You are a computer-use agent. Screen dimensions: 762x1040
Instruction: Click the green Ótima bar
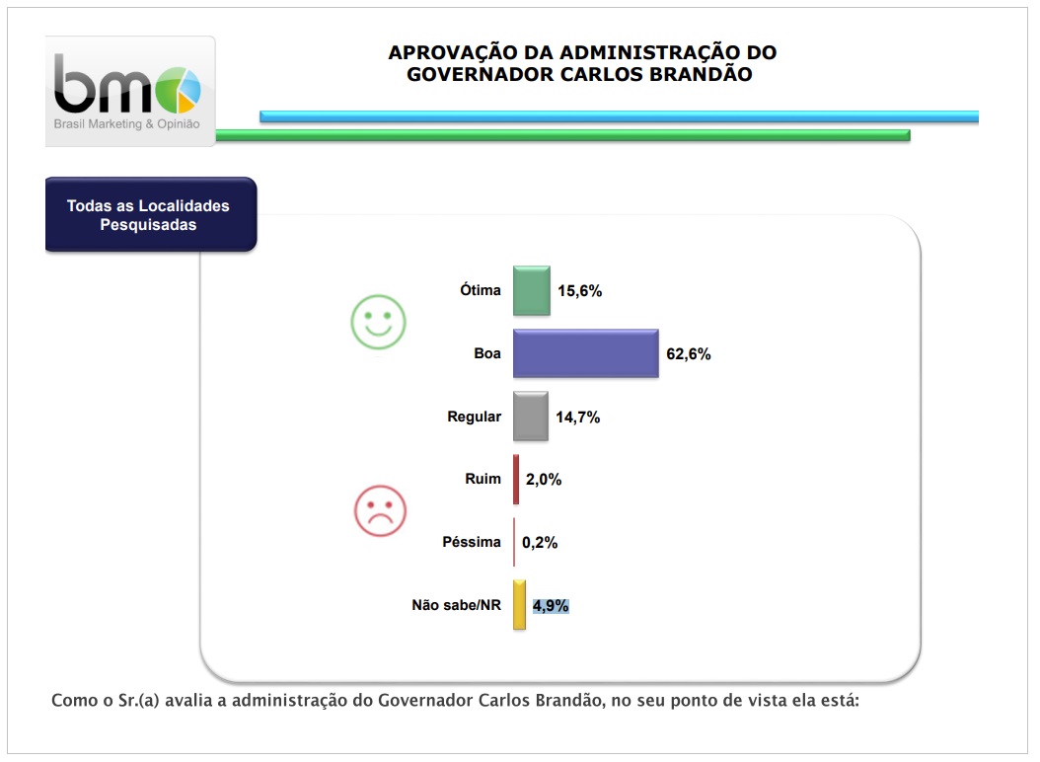531,290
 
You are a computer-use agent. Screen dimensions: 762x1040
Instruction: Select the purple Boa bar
585,353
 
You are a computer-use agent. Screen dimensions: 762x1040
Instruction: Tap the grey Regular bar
530,417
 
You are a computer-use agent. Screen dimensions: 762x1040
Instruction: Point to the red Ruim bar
516,479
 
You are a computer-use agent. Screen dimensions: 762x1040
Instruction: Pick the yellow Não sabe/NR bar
519,605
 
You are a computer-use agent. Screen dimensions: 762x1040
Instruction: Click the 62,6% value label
689,354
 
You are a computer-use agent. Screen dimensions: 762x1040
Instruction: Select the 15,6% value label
580,291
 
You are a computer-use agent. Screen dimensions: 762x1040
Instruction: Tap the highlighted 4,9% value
552,605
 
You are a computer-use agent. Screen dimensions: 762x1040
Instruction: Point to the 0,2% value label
541,542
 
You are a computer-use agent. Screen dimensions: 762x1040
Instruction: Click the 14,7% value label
578,418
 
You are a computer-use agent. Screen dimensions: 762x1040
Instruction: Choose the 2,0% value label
543,480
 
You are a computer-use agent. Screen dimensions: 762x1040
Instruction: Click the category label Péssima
473,542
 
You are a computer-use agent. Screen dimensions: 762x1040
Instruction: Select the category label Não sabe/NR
456,605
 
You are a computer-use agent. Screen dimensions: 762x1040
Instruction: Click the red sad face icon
380,510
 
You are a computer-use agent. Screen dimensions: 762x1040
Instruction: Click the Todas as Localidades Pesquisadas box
149,215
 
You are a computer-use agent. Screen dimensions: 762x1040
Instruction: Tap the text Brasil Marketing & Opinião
126,124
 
